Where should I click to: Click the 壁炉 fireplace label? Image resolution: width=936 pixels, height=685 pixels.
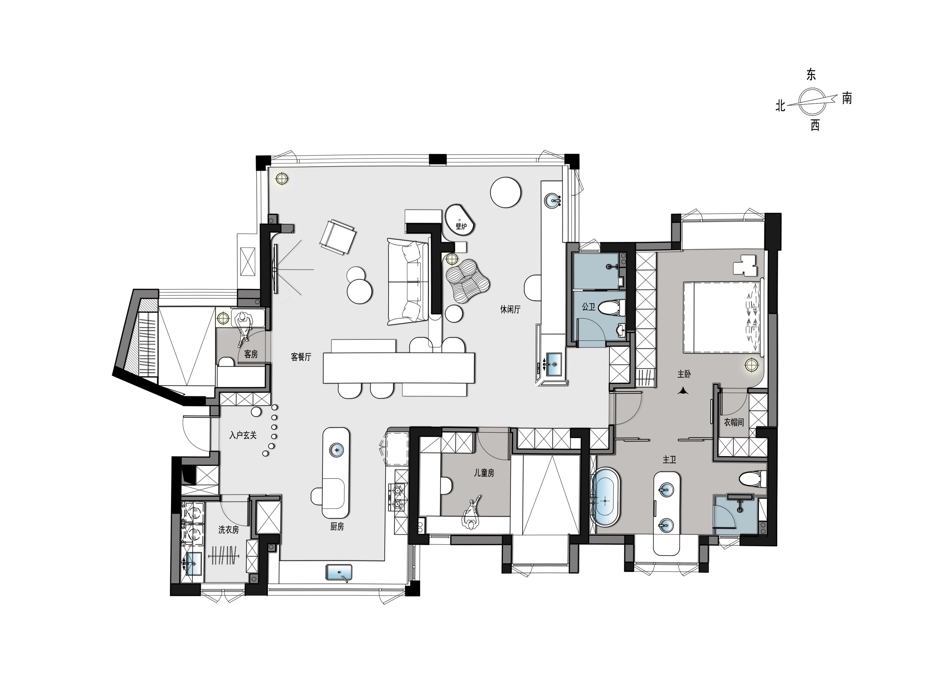tap(461, 226)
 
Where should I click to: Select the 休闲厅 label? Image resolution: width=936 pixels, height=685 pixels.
tap(510, 309)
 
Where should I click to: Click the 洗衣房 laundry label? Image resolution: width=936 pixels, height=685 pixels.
tap(229, 530)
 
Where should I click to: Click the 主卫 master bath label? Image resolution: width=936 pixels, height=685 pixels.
tap(670, 459)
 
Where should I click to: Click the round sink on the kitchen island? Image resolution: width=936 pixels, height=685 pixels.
tap(336, 450)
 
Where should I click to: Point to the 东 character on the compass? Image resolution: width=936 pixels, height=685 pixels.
tap(811, 75)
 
